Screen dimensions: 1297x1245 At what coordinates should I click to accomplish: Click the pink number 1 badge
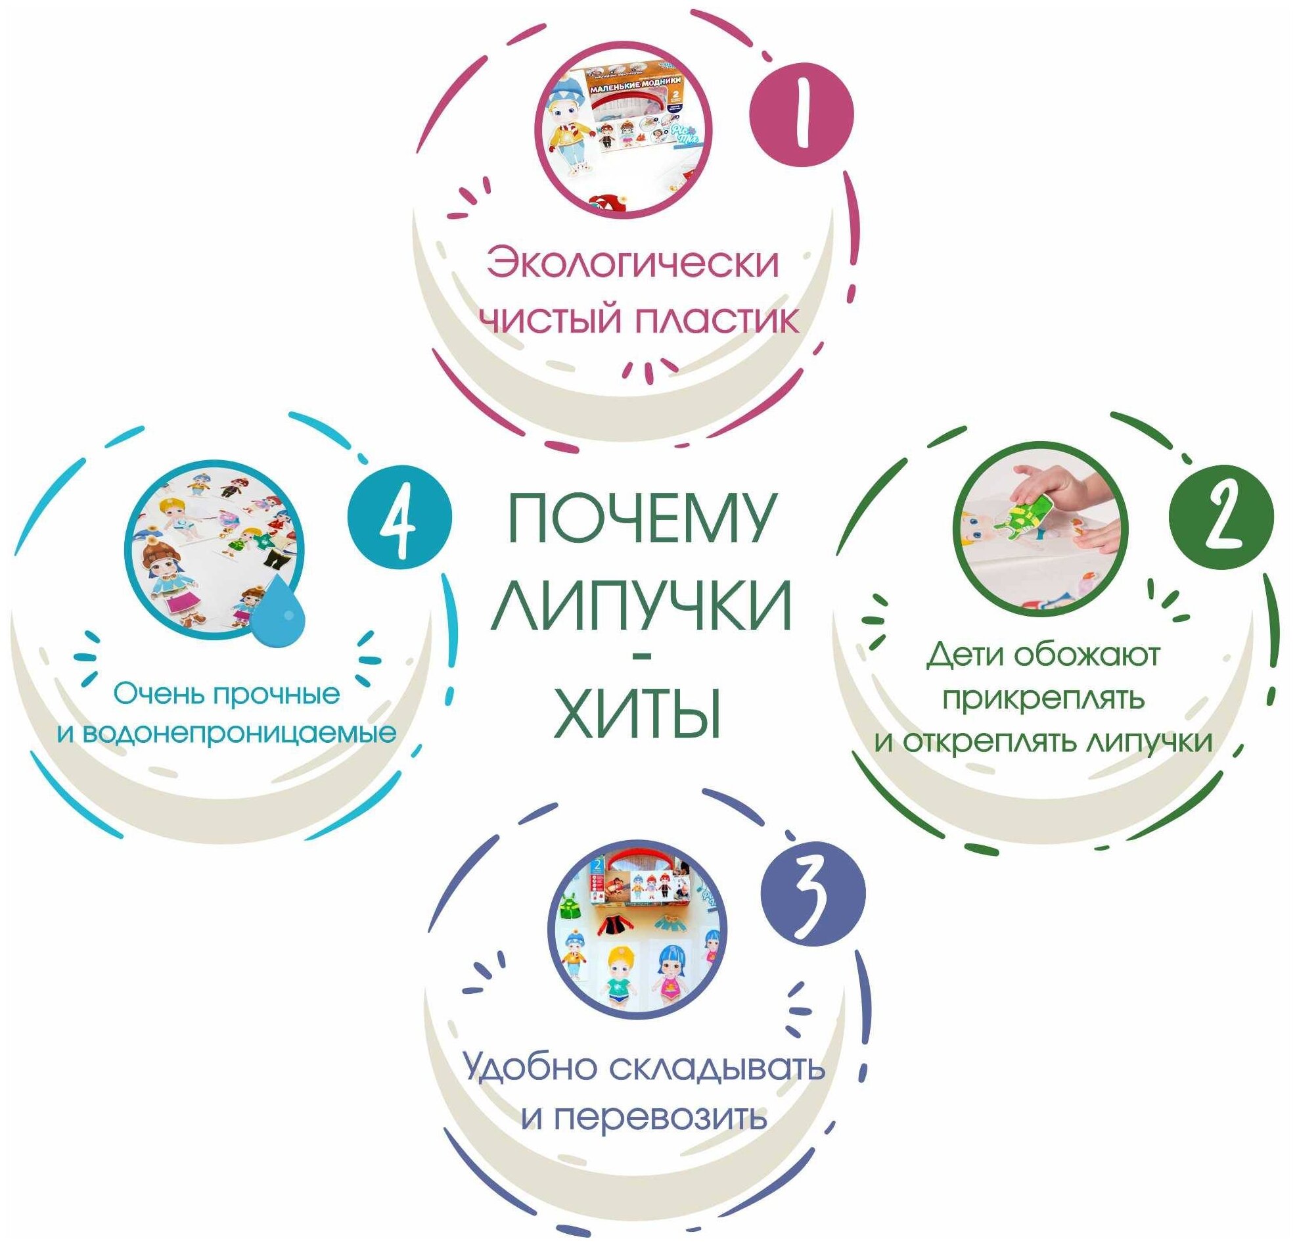tap(802, 114)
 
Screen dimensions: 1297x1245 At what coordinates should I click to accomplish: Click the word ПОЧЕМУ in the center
tap(640, 518)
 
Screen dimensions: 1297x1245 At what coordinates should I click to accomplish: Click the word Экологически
tap(633, 264)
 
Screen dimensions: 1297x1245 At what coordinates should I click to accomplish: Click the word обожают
tap(1087, 655)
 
